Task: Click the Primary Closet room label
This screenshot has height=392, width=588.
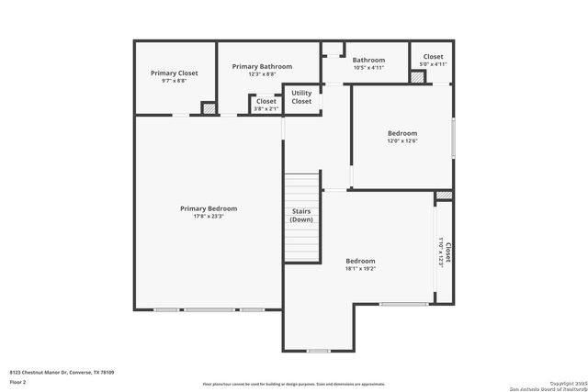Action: pos(175,73)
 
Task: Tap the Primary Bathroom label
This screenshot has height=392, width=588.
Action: pos(262,66)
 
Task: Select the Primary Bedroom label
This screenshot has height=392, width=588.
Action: pos(209,208)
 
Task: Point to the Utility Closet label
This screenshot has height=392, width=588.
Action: pos(301,97)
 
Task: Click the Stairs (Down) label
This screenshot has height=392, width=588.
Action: pos(300,216)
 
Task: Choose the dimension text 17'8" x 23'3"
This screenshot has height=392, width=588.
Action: pos(209,217)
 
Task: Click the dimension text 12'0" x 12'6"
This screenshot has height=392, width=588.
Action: pos(401,141)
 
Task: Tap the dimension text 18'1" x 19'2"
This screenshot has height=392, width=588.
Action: pos(360,269)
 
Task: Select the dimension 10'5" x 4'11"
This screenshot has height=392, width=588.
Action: pos(367,68)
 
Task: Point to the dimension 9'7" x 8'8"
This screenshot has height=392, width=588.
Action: pos(175,81)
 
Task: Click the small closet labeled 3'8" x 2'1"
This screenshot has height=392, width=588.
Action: pos(266,105)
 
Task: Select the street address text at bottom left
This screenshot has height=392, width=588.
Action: pos(62,372)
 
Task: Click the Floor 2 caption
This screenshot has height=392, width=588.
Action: pos(17,381)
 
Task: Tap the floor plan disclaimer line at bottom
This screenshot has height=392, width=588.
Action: pos(293,384)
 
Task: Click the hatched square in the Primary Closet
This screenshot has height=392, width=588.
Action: pos(209,108)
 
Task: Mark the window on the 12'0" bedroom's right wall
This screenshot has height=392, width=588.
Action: pos(453,138)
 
